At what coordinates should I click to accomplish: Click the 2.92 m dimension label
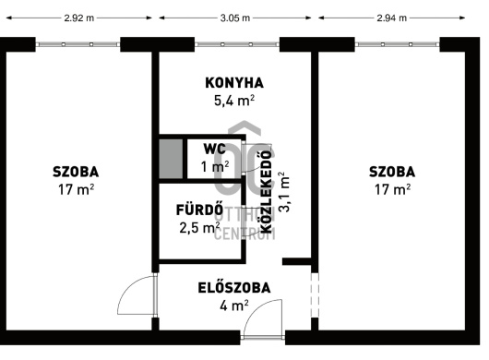click(x=79, y=18)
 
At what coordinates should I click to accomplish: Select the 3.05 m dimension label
click(x=235, y=18)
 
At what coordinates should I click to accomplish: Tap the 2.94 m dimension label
click(x=392, y=18)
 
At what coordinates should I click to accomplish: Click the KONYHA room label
click(x=234, y=83)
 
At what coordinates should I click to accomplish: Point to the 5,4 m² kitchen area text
click(x=234, y=101)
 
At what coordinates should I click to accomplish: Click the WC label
click(x=215, y=150)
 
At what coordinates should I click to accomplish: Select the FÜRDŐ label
click(x=199, y=210)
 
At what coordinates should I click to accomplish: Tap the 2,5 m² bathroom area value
click(x=199, y=227)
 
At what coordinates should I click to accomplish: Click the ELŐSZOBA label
click(x=234, y=288)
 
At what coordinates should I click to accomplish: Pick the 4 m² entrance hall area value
click(x=234, y=306)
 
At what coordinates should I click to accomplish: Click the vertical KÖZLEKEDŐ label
click(x=266, y=192)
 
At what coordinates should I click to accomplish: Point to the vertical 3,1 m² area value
click(x=284, y=192)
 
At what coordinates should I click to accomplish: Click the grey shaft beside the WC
click(x=171, y=159)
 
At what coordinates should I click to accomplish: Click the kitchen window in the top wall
click(x=237, y=44)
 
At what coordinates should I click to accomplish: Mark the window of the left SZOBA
click(x=78, y=44)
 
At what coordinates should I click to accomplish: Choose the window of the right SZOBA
click(x=398, y=44)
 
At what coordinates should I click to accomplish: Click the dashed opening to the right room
click(x=315, y=295)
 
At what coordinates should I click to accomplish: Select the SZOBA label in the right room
click(x=392, y=172)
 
